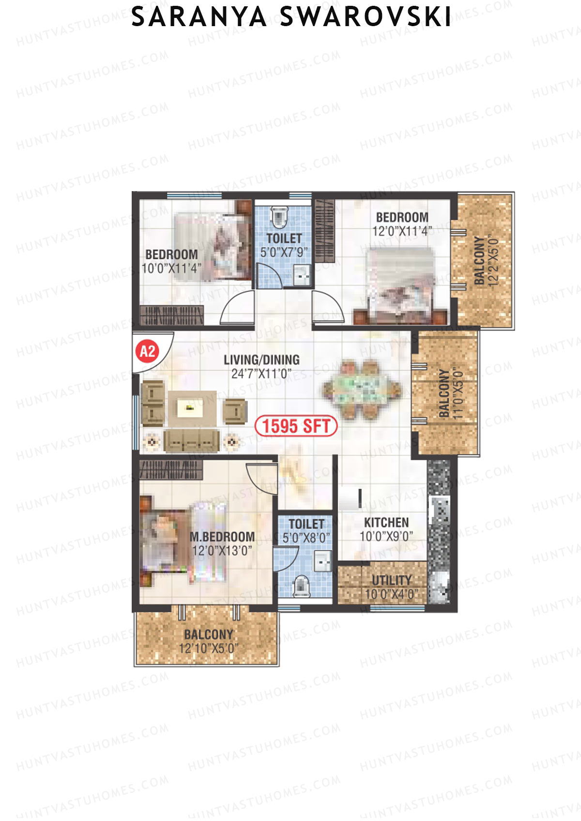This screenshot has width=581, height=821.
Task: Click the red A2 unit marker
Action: click(x=147, y=351)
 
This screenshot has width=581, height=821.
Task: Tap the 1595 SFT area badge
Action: click(x=296, y=426)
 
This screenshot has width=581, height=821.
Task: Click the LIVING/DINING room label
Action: click(x=261, y=360)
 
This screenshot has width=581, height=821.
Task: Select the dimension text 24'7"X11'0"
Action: click(x=261, y=374)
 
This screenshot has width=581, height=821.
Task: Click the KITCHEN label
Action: click(x=386, y=522)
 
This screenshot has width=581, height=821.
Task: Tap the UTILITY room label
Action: click(x=391, y=580)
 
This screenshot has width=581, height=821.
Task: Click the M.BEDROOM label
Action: click(x=222, y=537)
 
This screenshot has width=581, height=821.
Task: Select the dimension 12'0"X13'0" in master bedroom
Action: click(x=222, y=551)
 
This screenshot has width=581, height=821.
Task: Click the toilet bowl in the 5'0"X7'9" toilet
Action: click(x=279, y=216)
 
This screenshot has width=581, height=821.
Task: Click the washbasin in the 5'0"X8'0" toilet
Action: click(x=322, y=561)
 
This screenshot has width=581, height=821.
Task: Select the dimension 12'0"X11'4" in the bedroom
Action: click(x=402, y=231)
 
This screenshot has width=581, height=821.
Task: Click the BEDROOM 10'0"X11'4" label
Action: click(x=171, y=254)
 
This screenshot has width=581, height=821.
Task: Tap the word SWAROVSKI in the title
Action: click(x=366, y=18)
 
